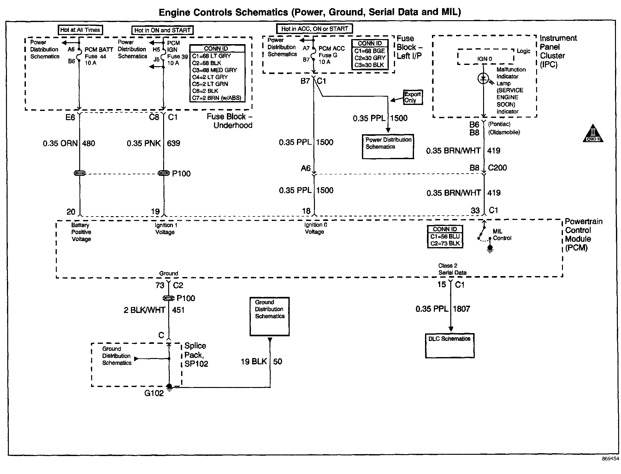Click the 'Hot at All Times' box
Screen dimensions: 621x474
80,30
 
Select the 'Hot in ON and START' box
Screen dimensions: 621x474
162,30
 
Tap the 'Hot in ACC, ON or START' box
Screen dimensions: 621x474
315,29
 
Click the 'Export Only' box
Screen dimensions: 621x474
413,97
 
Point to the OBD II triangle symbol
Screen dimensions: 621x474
593,134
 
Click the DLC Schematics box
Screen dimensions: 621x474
450,346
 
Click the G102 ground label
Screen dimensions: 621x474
154,393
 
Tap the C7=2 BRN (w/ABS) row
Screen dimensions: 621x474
216,98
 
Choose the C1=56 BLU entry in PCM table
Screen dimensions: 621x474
445,236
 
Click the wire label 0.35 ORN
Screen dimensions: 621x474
60,143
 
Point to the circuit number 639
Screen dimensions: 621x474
174,143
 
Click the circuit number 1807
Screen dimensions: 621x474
462,309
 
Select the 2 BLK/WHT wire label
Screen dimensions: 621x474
145,310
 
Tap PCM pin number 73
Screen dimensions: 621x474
160,285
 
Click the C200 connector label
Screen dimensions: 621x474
497,168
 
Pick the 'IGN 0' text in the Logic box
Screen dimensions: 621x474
485,59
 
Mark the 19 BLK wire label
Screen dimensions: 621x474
254,361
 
